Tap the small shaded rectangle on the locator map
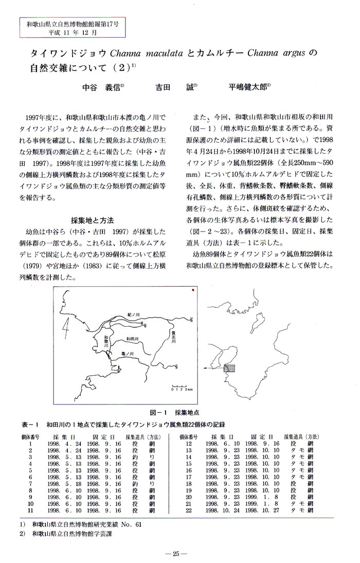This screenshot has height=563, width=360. [x=230, y=368]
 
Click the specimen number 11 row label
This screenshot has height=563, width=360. [x=31, y=511]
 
